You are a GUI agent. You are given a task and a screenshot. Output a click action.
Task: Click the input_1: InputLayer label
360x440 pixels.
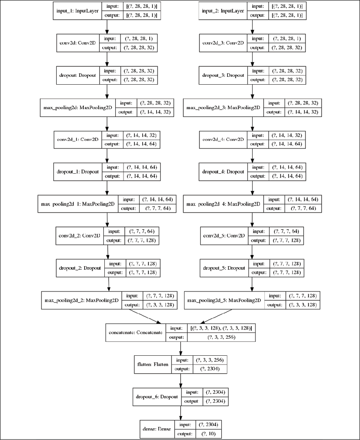coord(77,11)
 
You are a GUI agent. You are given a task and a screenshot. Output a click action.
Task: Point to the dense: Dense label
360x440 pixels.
coord(156,428)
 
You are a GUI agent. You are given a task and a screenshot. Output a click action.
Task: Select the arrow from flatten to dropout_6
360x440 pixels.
coord(180,381)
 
